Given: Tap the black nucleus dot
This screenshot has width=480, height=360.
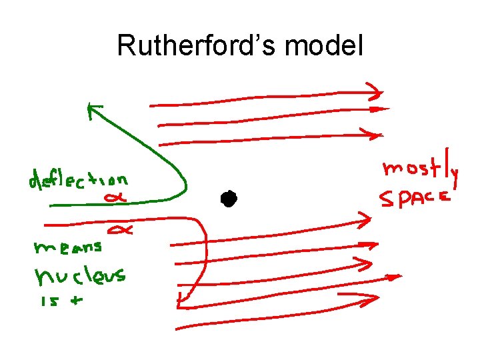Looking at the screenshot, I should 229,198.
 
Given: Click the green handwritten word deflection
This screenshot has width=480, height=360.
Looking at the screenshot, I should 77,181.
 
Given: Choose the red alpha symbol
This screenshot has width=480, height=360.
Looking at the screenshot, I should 123,230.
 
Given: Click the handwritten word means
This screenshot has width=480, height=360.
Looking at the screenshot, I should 67,247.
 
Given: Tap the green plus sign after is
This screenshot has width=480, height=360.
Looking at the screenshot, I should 77,301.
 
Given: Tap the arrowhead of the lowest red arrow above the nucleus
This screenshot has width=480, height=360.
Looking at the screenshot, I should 378,133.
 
